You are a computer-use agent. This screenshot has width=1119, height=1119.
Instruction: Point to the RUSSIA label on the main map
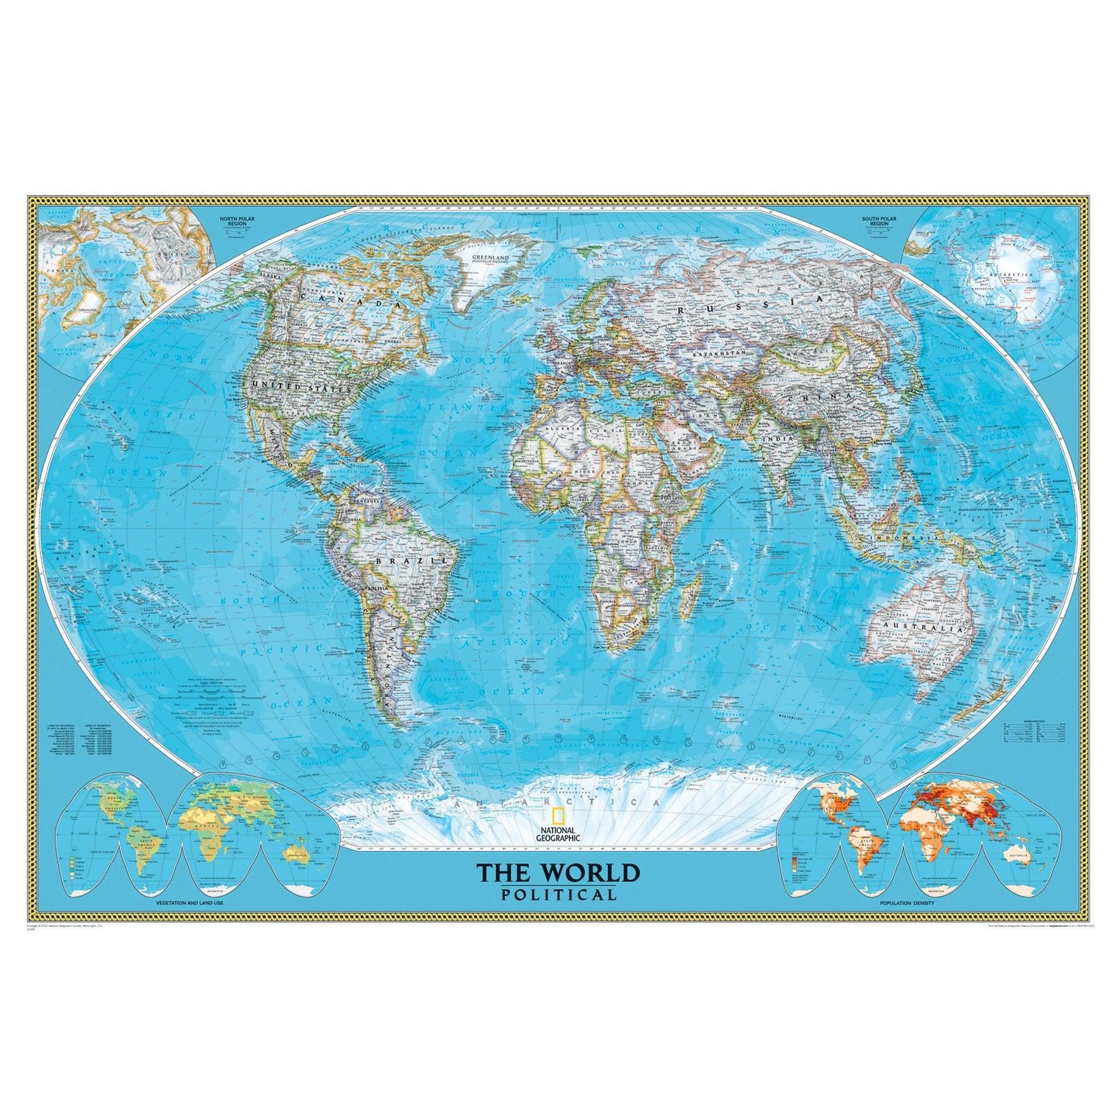(x=746, y=307)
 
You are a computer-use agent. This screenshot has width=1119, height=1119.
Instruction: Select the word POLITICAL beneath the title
(x=558, y=895)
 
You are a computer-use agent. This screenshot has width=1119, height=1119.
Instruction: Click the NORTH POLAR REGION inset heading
(x=237, y=221)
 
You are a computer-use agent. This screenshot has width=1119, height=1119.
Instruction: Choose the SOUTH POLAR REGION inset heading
(x=880, y=221)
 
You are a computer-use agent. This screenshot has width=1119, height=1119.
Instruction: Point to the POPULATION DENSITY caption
(x=907, y=904)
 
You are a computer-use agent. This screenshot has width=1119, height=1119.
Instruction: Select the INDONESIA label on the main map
(x=900, y=537)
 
